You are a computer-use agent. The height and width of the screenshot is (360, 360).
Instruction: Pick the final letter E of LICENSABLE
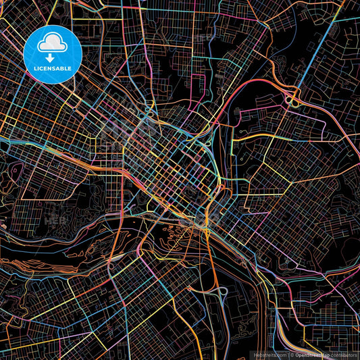[73, 68]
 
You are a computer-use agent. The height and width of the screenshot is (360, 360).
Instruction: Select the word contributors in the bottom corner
[343, 354]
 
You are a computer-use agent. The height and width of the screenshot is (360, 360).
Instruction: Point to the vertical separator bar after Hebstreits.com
[288, 354]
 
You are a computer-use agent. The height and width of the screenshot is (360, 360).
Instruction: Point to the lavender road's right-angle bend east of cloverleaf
[338, 108]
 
